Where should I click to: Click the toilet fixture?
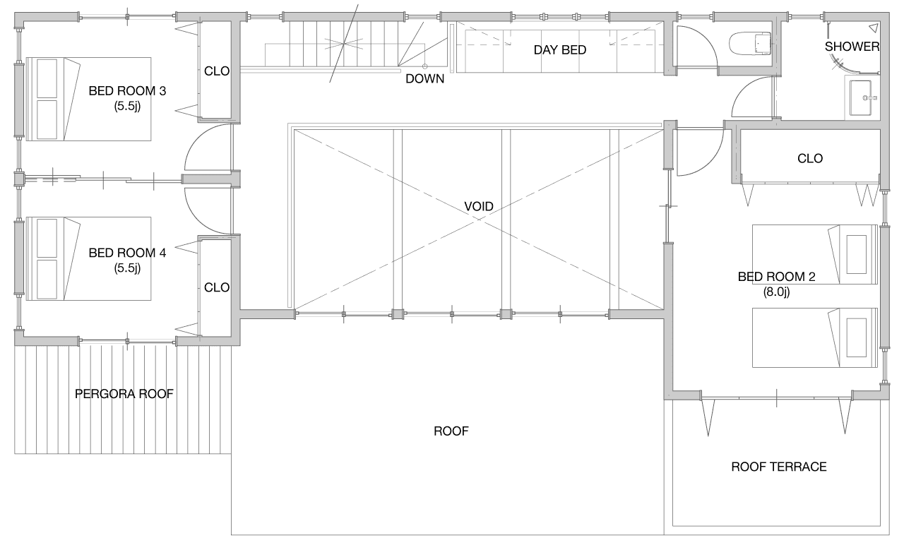coord(750,43)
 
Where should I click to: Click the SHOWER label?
coord(852,47)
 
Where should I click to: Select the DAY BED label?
coord(560,49)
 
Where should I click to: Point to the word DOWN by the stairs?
coord(424,78)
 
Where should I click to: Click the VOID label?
coord(479,207)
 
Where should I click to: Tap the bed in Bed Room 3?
coord(88,99)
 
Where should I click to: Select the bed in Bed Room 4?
coord(88,258)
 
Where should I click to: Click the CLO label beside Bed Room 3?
coord(217,71)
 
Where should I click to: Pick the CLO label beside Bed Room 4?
coord(217,287)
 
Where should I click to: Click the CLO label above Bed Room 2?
coord(810,158)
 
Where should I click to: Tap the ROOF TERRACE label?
coord(779,467)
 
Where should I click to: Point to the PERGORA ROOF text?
coord(124,394)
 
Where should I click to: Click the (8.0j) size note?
coord(776,292)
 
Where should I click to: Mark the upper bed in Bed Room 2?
coord(815,255)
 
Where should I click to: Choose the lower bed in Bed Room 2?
coord(815,337)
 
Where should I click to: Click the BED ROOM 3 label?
coord(127,91)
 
